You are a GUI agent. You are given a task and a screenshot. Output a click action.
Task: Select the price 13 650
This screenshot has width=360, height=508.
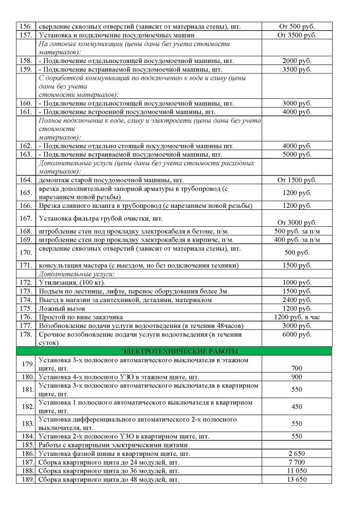(x=296, y=479)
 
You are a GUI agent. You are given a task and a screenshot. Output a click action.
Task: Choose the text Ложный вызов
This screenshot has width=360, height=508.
(x=59, y=308)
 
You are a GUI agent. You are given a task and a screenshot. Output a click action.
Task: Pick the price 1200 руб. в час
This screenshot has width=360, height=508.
(x=296, y=317)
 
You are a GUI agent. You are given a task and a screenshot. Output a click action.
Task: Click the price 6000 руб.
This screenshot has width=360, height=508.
(x=296, y=334)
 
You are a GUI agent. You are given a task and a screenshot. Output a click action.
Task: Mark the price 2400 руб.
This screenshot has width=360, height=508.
(x=296, y=300)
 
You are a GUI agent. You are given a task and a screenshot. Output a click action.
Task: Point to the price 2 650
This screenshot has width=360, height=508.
(x=296, y=453)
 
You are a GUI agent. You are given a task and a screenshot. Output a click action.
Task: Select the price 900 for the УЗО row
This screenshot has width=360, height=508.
(x=296, y=377)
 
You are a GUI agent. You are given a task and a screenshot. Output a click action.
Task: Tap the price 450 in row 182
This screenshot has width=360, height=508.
(x=296, y=407)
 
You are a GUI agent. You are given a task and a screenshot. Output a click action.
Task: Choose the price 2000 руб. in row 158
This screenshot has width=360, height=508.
(x=296, y=61)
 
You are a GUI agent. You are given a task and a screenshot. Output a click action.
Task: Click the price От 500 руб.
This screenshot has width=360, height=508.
(x=296, y=26)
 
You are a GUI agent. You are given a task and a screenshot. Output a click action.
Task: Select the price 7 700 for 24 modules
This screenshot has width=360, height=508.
(x=296, y=462)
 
